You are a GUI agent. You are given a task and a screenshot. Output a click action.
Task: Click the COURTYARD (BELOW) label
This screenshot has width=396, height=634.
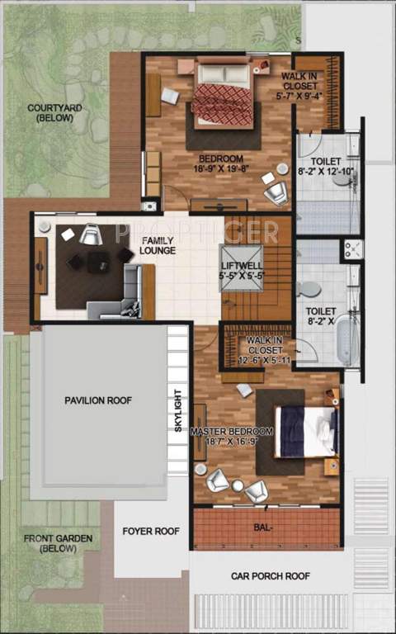(50, 112)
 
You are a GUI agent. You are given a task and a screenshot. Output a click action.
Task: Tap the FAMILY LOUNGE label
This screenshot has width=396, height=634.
(157, 244)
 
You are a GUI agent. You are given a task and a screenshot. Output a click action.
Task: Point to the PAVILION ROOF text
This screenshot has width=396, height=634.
(98, 400)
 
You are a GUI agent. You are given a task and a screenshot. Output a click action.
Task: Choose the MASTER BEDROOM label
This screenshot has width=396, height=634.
(231, 436)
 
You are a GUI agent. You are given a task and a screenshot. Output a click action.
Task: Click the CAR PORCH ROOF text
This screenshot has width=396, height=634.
(271, 576)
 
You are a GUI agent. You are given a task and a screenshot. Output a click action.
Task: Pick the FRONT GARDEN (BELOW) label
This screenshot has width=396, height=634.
(58, 543)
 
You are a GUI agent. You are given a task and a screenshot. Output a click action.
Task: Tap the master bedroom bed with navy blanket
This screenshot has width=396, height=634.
(305, 431)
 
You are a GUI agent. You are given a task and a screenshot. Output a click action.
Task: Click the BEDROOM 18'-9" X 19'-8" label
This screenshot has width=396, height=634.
(220, 163)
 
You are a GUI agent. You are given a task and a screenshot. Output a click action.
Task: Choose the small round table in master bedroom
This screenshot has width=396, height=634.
(238, 486)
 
